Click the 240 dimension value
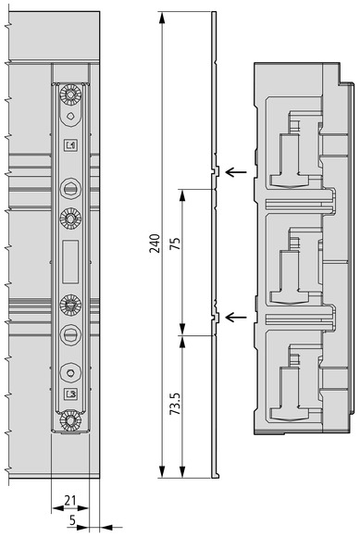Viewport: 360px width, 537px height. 155,244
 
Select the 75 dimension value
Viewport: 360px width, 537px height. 175,244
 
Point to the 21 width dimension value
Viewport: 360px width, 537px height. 70,500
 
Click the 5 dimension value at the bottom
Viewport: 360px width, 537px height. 72,520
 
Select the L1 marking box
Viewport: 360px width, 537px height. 71,145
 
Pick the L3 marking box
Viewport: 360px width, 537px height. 71,393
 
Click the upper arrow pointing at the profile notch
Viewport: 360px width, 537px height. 236,171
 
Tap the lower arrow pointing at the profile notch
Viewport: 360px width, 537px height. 236,318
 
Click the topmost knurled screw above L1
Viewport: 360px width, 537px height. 70,94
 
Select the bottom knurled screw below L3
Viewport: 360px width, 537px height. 70,421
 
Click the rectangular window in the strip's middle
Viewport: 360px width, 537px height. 70,262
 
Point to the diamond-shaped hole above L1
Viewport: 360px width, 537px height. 70,116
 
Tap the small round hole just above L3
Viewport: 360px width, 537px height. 70,373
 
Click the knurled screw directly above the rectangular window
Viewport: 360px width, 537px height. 70,219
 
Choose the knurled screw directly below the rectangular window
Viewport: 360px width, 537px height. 70,305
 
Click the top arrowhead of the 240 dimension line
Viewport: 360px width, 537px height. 163,17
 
